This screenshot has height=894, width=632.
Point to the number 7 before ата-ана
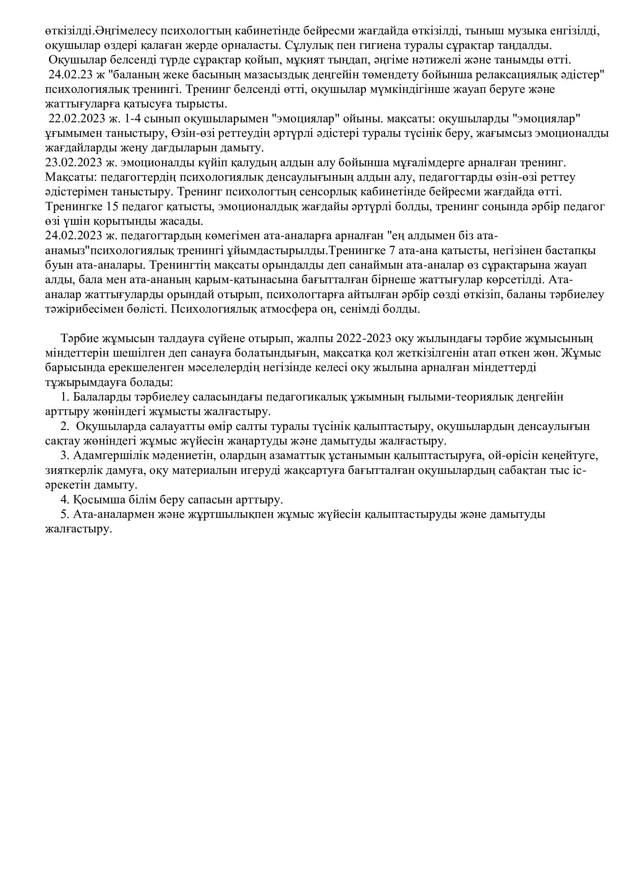(392, 251)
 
